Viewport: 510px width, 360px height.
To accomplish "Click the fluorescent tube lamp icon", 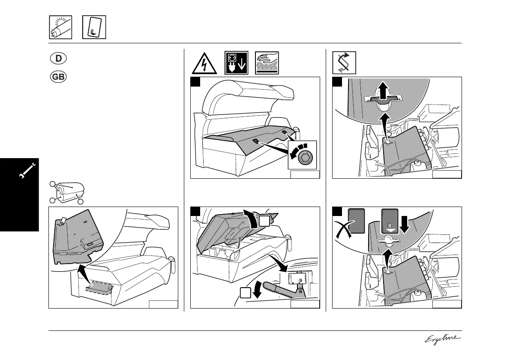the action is coord(60,27).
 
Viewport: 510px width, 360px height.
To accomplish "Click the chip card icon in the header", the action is coord(94,27).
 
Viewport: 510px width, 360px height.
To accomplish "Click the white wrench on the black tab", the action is coord(27,172).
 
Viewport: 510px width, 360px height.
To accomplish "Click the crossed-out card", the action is coord(356,223).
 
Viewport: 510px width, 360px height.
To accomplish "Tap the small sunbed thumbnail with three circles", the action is coord(69,192).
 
